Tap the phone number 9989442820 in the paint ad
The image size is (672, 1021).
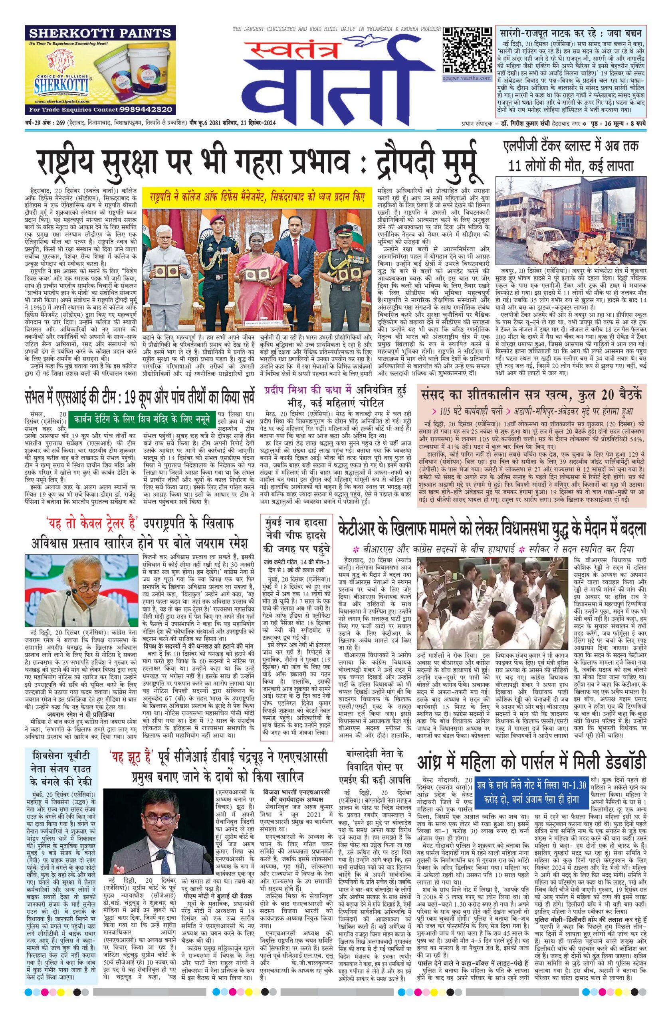coord(138,109)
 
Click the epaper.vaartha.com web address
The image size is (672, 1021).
coord(467,78)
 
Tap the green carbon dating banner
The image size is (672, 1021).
coord(142,418)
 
